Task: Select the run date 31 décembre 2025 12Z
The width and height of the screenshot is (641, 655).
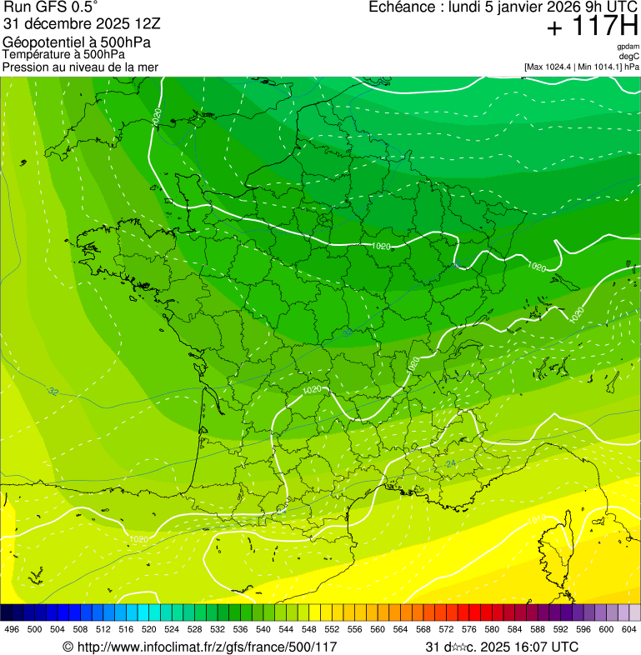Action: click(88, 24)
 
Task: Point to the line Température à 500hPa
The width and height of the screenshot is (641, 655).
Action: click(64, 54)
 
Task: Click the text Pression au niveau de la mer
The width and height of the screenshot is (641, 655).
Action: click(80, 67)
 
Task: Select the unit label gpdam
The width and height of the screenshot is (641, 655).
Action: click(628, 47)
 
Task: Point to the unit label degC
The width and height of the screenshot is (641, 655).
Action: click(629, 56)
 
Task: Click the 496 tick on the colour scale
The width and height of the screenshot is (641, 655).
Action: click(12, 629)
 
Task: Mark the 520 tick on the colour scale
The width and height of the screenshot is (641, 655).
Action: click(149, 629)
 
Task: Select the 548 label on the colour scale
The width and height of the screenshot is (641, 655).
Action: click(309, 629)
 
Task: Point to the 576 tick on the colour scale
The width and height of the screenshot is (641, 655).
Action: click(469, 629)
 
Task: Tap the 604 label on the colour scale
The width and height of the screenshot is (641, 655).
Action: click(629, 629)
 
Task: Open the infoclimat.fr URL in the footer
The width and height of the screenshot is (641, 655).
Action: click(208, 647)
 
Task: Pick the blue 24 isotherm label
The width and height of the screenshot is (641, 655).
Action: click(451, 463)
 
